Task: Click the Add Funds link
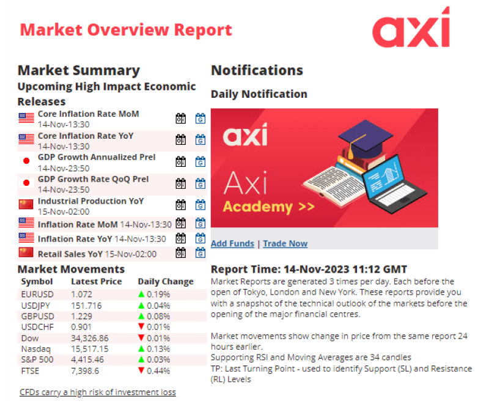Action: tap(232, 243)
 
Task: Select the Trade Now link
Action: tap(285, 243)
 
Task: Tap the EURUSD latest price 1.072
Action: tap(82, 293)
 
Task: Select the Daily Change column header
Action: tap(166, 282)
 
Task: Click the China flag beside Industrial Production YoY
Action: tap(26, 204)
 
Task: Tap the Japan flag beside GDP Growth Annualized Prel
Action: tap(26, 161)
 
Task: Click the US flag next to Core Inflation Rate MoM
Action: tap(26, 117)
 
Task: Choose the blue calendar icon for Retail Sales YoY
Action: tap(200, 253)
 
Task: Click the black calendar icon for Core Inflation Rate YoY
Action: tap(181, 140)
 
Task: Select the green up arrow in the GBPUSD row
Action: tap(141, 317)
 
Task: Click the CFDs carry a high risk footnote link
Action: tap(98, 392)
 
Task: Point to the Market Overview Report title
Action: tap(126, 29)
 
